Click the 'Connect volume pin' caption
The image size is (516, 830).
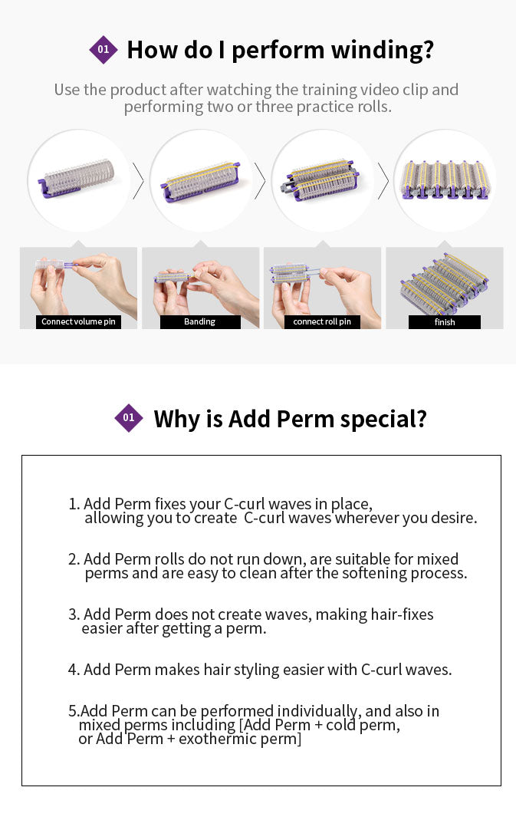point(78,321)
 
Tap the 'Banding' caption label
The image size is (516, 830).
point(199,322)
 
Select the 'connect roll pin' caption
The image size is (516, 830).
point(322,321)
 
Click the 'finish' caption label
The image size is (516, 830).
point(445,322)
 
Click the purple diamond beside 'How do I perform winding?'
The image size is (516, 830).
point(104,50)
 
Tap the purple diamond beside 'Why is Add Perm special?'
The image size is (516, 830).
point(129,418)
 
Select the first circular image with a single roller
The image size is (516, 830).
point(79,181)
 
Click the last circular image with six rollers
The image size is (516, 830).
point(445,181)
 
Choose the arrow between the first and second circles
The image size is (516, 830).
point(139,181)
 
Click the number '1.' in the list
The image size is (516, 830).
point(74,504)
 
